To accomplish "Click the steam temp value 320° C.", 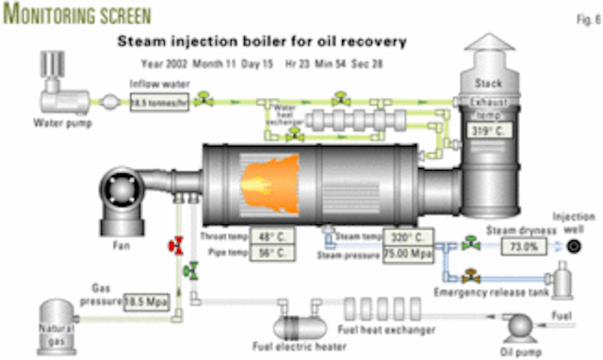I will (x=408, y=237).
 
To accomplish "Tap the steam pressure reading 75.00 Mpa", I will (x=408, y=254).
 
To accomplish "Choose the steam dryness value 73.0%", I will (x=530, y=246).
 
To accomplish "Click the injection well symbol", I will (x=574, y=246).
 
